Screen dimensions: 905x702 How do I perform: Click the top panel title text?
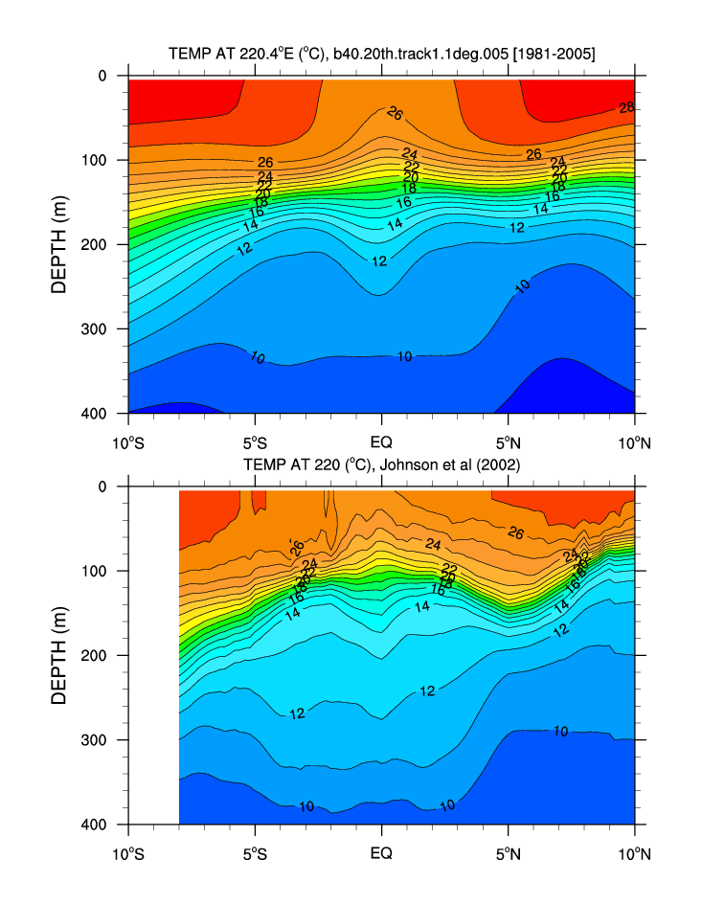coord(381,56)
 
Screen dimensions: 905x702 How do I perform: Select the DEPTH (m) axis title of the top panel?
coord(59,245)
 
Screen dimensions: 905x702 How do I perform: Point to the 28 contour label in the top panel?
coord(626,107)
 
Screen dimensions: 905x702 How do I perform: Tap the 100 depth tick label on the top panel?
coord(97,160)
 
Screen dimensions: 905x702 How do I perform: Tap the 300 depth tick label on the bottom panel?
coord(97,740)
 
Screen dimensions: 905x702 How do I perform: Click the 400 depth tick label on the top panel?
coord(97,414)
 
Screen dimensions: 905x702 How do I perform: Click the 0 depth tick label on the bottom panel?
coord(103,486)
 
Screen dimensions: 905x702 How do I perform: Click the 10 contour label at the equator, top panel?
coord(404,356)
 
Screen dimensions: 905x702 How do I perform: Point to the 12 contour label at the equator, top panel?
coord(379,261)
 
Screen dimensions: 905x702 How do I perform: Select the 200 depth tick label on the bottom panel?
coord(97,656)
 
